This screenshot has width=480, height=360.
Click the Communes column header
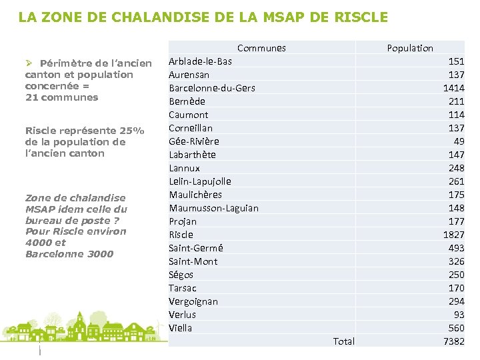(261, 48)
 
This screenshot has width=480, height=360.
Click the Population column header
(410, 48)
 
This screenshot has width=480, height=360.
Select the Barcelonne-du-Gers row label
(212, 88)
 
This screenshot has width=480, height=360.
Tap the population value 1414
(453, 88)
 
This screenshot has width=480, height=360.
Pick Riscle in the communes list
(181, 235)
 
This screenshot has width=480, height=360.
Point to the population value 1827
(453, 235)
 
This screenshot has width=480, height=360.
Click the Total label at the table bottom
(343, 341)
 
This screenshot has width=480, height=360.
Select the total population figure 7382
(453, 341)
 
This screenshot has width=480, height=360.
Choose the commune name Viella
(180, 328)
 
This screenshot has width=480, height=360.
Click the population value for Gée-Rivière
(459, 141)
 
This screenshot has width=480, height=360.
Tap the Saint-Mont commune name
(193, 261)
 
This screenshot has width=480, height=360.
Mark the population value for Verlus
(459, 315)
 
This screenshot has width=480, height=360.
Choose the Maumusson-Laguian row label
(213, 208)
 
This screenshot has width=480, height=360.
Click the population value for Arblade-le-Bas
(456, 61)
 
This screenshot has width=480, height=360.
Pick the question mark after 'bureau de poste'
(117, 220)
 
